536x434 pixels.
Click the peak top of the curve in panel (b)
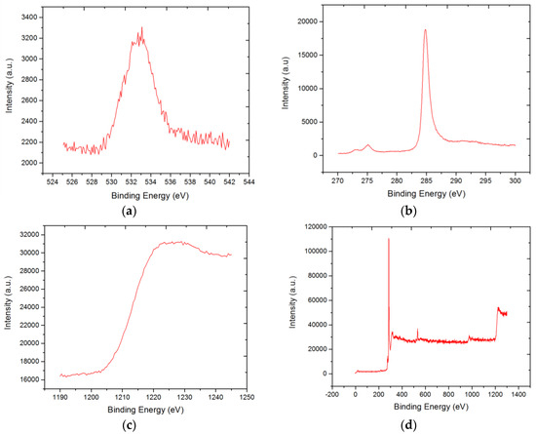coord(425,29)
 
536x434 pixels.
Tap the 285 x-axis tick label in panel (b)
coord(425,181)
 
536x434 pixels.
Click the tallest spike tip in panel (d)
coord(389,239)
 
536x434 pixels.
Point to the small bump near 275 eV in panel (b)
coord(367,145)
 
